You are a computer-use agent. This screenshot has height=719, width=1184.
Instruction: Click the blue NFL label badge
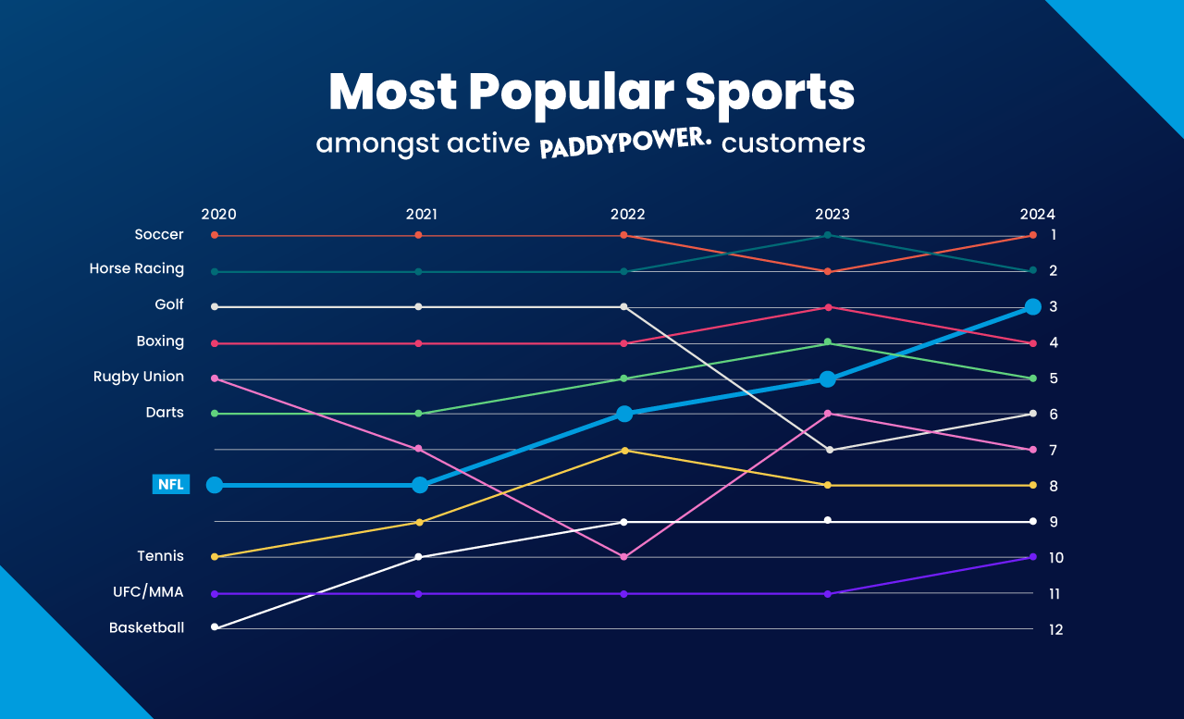pos(171,484)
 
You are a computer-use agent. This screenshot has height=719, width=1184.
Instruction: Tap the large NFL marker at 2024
pos(1033,306)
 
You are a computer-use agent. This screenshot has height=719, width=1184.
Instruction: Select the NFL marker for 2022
pos(624,414)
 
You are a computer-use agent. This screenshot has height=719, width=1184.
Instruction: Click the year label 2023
pos(832,214)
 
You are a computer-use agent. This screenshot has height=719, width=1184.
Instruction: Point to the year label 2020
pos(218,214)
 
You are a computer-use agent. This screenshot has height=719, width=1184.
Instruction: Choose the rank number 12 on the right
pos(1055,629)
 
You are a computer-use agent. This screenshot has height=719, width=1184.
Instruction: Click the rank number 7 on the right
pos(1054,450)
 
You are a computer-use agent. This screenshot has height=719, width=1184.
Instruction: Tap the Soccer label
pos(159,235)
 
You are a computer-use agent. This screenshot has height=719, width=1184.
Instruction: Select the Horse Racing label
pos(137,269)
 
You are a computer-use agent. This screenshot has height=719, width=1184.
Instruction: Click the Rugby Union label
pos(139,377)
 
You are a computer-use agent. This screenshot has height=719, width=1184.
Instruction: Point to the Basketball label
pos(146,627)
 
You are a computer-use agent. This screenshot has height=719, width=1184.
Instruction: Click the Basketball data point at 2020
pos(215,627)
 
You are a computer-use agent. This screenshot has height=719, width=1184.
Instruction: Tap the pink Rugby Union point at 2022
pos(623,557)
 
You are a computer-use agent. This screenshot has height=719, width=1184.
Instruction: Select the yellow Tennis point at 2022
pos(624,451)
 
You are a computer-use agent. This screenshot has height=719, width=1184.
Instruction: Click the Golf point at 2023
pos(829,450)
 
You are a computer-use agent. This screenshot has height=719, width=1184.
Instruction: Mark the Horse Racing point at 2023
pos(828,235)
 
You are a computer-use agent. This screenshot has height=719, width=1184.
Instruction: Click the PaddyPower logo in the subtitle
pos(626,145)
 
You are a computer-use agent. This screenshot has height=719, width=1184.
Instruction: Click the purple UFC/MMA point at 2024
pos(1033,556)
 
